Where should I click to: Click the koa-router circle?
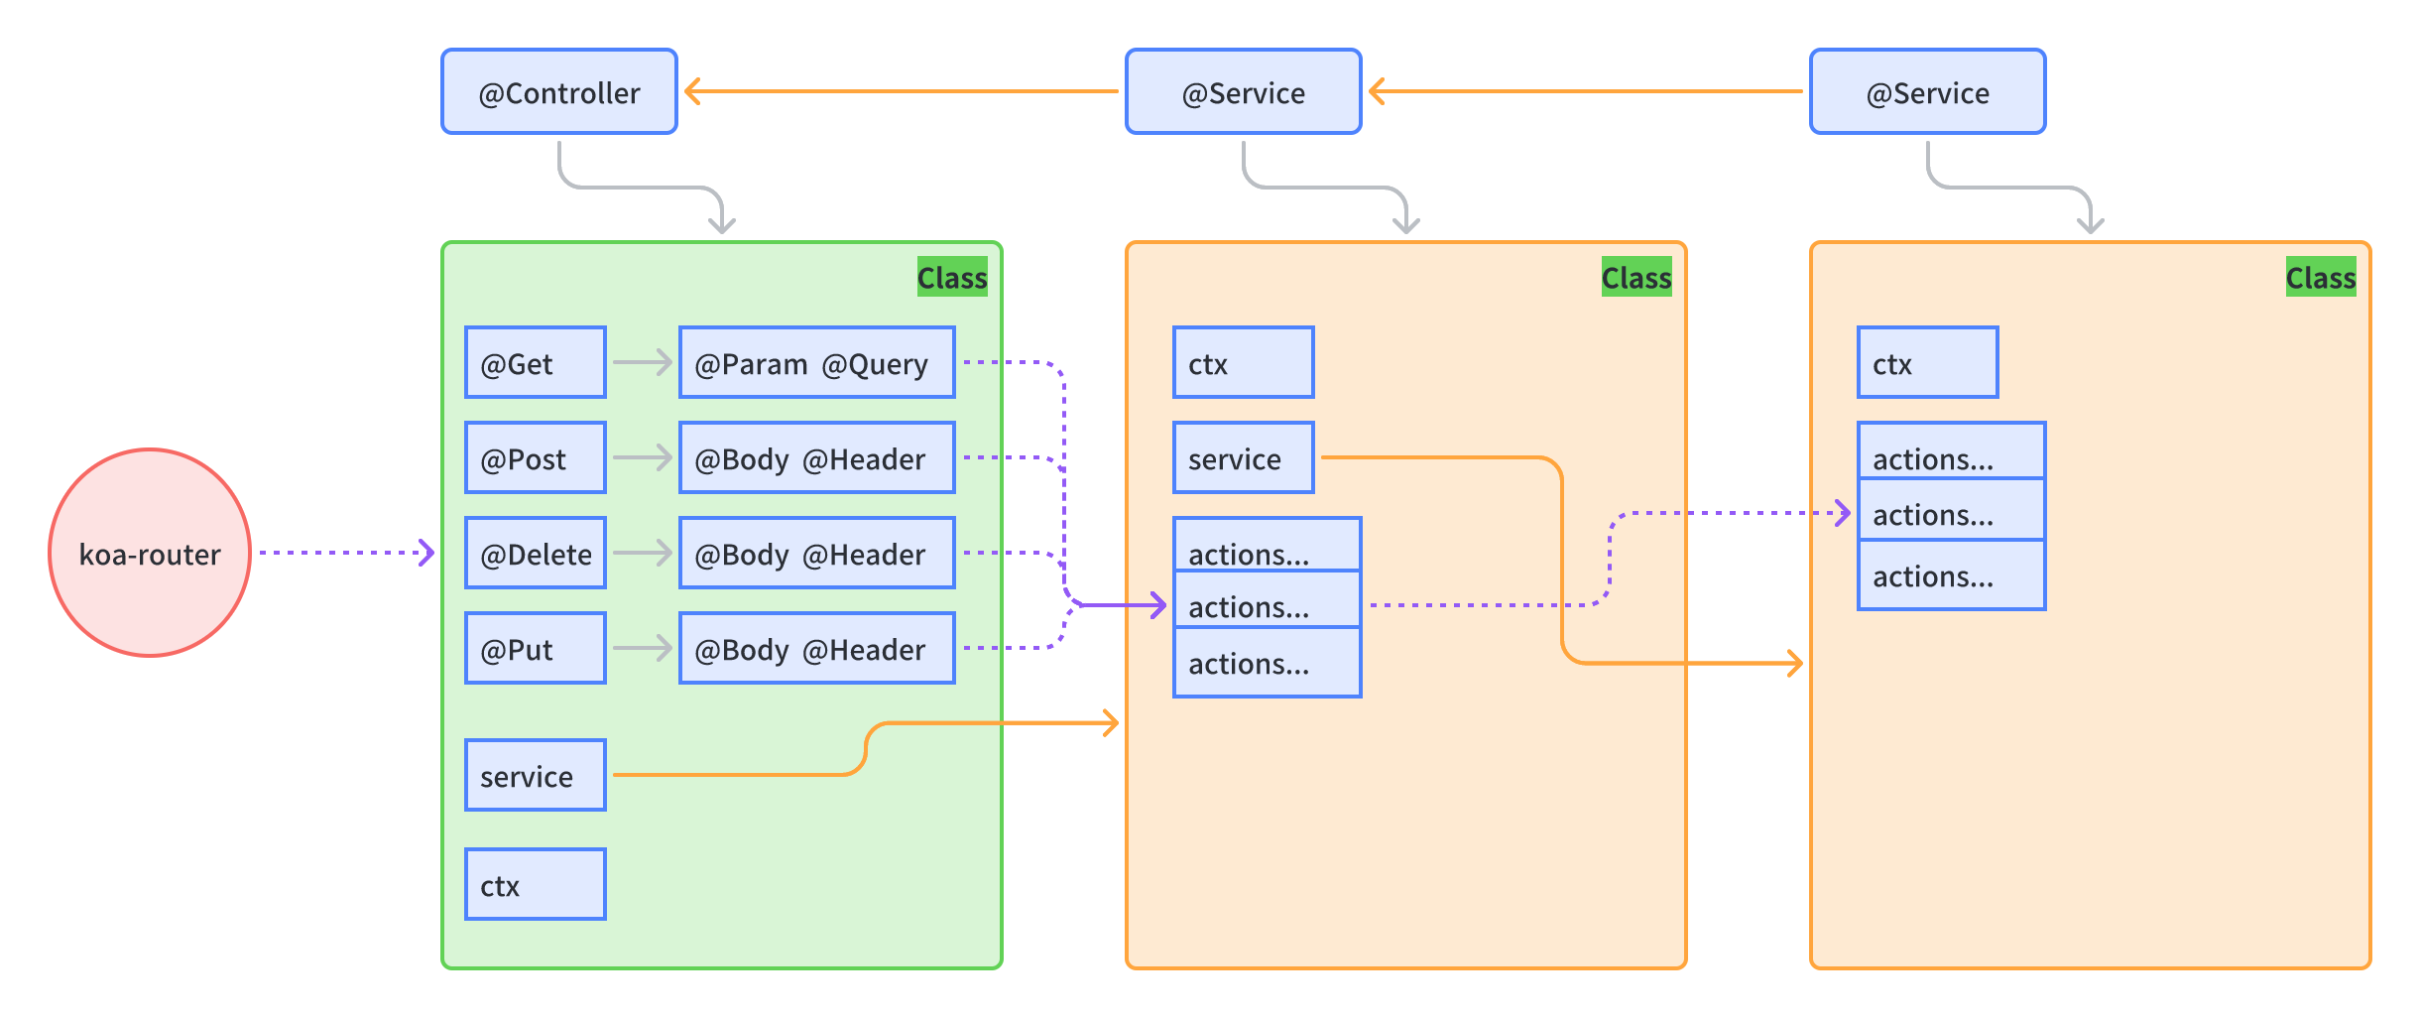click(150, 553)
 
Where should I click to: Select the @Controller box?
click(559, 92)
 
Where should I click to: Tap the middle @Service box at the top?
click(1243, 92)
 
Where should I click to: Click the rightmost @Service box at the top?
click(1927, 92)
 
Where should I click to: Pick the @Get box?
click(536, 363)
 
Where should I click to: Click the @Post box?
click(536, 458)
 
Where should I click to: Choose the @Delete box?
click(536, 554)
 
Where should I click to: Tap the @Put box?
click(536, 649)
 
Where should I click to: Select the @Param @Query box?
click(816, 363)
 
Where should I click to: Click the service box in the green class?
click(536, 776)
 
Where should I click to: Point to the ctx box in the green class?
click(536, 885)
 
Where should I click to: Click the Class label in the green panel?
click(952, 278)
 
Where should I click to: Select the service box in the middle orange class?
click(1243, 458)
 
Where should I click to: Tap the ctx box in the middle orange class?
click(1243, 363)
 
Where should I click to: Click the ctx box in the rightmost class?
click(1927, 363)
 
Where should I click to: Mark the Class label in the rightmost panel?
click(2321, 278)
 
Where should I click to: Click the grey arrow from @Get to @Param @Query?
click(643, 363)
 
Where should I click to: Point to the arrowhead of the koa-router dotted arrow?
click(427, 553)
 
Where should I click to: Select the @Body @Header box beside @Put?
click(816, 649)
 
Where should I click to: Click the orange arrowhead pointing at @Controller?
click(692, 91)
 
